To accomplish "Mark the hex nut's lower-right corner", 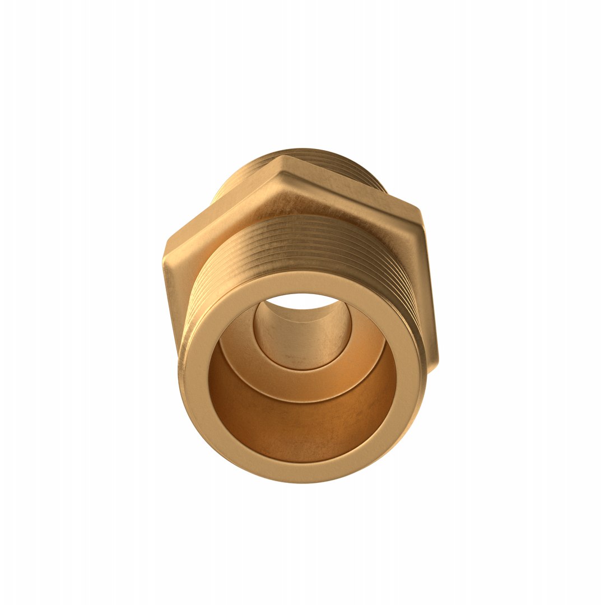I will (x=436, y=361).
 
